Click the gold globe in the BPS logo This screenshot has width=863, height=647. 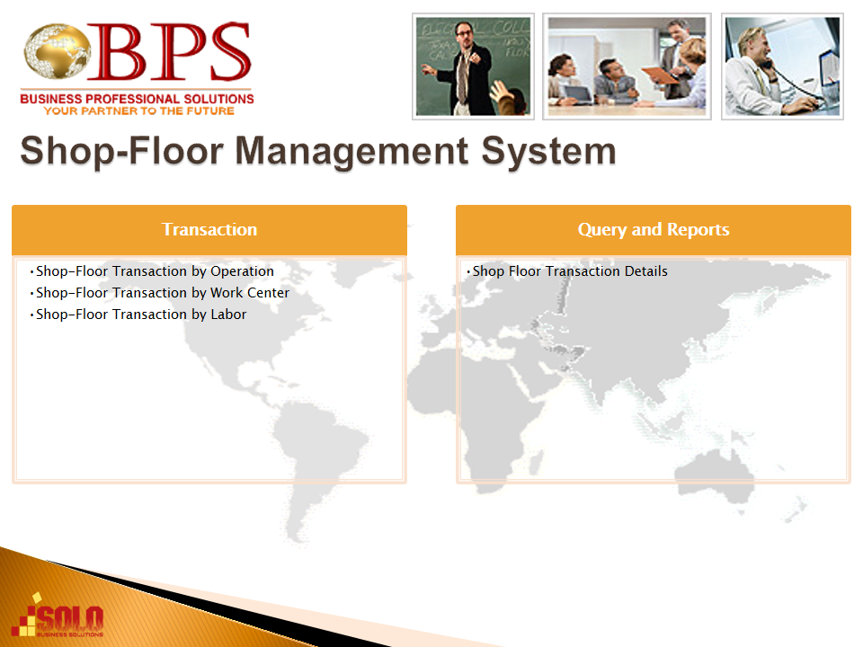pos(58,51)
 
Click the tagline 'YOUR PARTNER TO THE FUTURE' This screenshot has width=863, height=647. pos(138,111)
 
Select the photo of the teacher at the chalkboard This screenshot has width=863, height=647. pos(474,66)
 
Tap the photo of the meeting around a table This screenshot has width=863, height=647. pos(627,66)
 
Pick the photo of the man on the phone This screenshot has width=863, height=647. pos(782,66)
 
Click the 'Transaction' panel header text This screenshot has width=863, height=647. pos(209,229)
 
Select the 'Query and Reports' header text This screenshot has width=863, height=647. pos(654,229)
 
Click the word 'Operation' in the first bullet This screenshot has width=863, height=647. pos(242,271)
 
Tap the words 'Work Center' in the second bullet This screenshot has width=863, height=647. pos(250,293)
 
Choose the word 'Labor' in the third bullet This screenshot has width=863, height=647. pos(228,315)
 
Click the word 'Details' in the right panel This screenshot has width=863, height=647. pos(642,271)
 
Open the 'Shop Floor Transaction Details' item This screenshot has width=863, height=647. pos(570,271)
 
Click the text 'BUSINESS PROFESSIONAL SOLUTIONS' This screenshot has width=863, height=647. pos(137,99)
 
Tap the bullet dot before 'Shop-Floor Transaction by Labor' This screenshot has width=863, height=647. pos(32,315)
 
